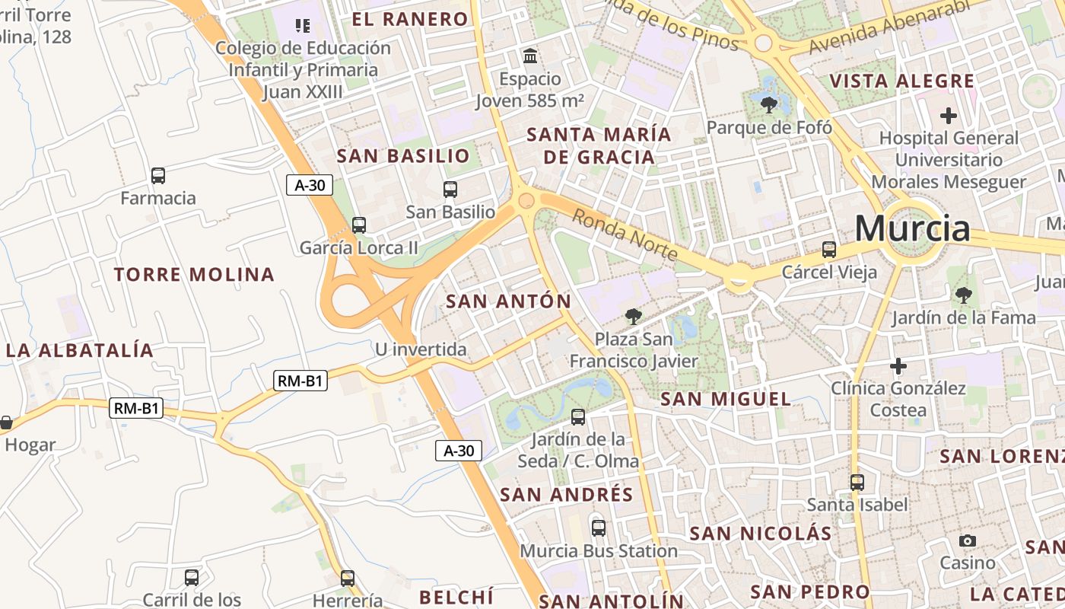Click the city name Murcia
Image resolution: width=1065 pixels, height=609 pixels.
912,228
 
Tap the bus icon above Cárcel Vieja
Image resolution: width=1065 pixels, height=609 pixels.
829,249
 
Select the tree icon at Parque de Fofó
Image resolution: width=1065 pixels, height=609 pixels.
769,104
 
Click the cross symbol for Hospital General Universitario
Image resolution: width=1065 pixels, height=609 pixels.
948,116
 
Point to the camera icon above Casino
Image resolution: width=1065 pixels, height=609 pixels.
968,540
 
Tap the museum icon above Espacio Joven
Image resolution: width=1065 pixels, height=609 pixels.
530,56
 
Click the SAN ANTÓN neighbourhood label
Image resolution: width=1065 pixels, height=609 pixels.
508,301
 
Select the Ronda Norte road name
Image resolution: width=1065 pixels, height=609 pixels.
623,234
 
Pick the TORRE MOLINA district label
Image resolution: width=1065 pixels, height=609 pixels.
194,275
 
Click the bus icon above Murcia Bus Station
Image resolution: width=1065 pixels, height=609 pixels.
599,528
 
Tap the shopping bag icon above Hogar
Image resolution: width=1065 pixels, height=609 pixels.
6,422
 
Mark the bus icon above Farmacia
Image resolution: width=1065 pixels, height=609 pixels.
158,176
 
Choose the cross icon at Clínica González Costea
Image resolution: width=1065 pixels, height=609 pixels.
898,366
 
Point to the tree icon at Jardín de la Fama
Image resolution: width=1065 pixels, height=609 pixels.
964,295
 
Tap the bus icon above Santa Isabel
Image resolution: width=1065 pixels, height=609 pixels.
857,482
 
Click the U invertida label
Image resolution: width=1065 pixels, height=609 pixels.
421,349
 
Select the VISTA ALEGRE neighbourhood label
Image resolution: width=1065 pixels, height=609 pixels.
901,81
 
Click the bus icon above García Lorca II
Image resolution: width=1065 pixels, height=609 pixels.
358,225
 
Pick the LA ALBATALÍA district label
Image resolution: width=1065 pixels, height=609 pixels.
80,351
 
